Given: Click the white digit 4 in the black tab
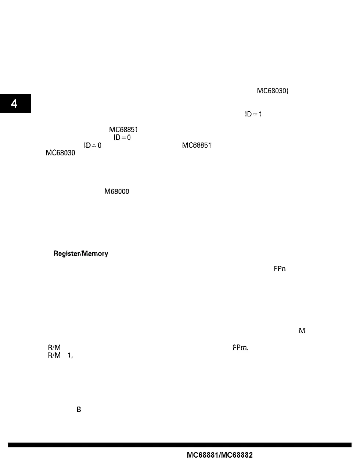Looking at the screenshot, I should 14,104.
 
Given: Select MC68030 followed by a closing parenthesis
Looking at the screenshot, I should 273,91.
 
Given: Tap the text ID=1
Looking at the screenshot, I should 253,114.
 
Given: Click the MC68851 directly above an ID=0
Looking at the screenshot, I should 123,130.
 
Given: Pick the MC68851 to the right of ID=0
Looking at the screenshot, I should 197,145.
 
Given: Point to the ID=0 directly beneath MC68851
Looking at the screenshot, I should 122,137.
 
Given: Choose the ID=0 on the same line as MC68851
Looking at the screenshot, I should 93,145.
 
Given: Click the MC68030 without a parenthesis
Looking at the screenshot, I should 60,153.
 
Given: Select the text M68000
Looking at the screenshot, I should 117,191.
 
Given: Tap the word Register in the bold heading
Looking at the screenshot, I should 67,253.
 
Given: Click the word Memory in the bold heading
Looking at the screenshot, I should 95,253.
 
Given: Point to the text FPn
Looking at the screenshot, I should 280,269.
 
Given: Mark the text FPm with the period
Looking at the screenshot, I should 240,347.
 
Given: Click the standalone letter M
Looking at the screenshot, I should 302,331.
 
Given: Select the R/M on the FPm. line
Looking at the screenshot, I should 54,347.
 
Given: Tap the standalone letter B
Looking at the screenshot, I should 79,410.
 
